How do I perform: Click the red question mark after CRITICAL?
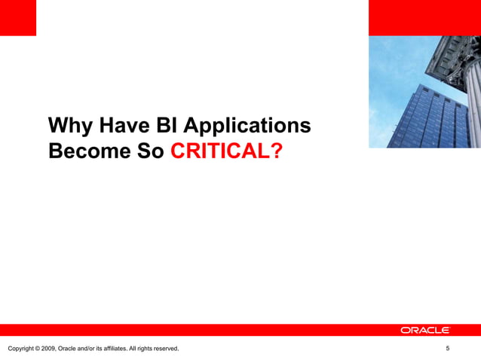(x=277, y=151)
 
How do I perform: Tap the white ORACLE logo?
(x=425, y=330)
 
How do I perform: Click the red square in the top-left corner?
(x=17, y=17)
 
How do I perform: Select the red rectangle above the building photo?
(x=424, y=17)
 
